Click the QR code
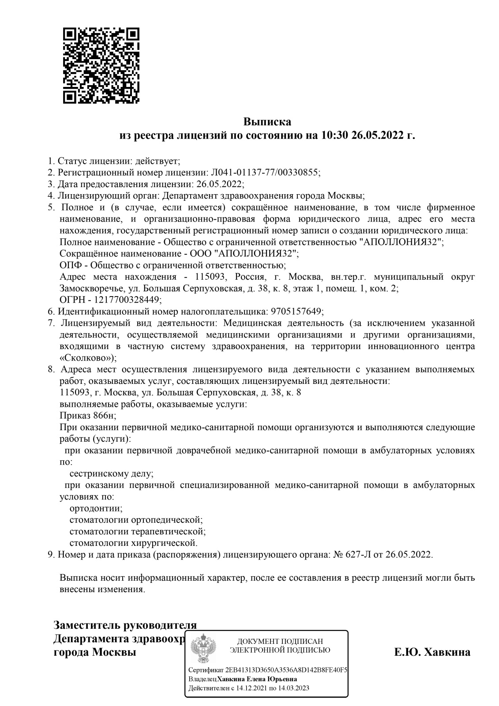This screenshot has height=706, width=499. [x=101, y=66]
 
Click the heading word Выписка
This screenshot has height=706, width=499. [x=267, y=121]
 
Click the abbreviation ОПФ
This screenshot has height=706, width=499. [x=68, y=265]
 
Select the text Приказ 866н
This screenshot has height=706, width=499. [x=87, y=415]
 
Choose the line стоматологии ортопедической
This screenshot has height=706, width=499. [x=136, y=519]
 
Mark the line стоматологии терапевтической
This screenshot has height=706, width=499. [x=138, y=531]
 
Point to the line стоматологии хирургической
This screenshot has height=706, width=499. [x=133, y=542]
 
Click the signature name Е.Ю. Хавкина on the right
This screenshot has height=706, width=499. [x=432, y=652]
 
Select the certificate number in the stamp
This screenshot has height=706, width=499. [x=285, y=670]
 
